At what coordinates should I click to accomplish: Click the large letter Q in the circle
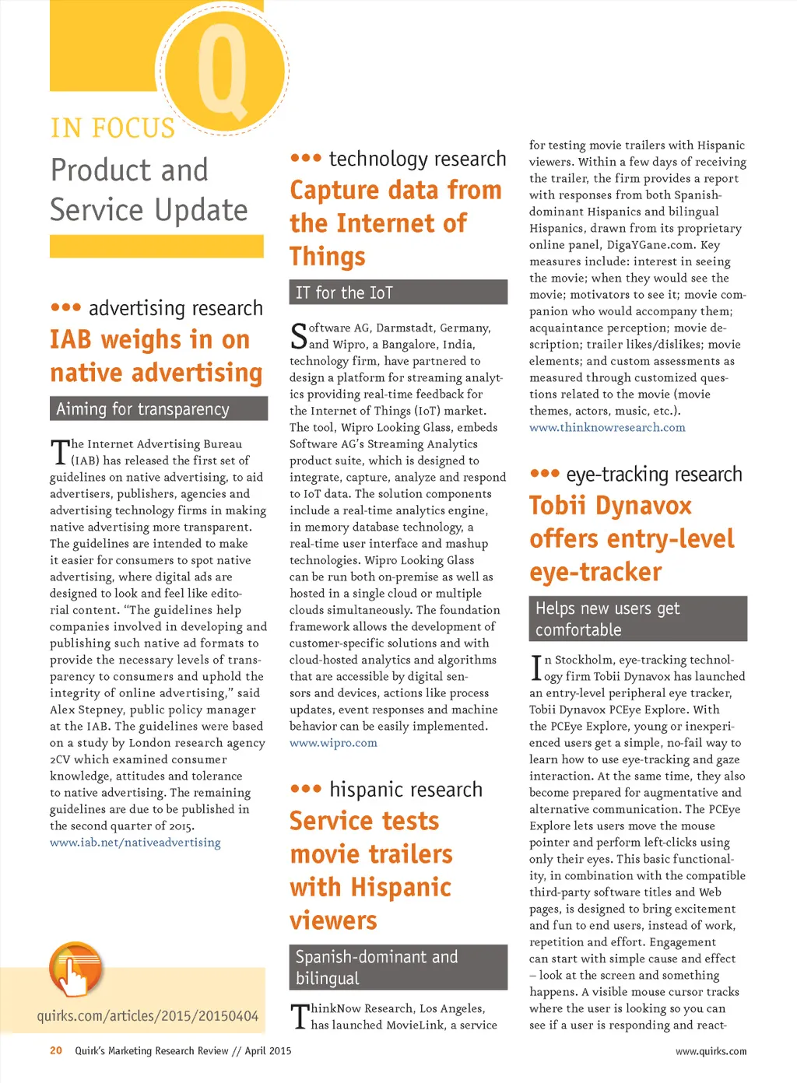[223, 70]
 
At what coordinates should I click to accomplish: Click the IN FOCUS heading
[113, 128]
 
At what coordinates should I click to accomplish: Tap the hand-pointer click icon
[75, 969]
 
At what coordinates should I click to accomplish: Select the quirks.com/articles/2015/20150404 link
[147, 1015]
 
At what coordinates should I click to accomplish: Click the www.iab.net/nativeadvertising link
[135, 843]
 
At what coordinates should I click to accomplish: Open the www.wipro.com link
[333, 743]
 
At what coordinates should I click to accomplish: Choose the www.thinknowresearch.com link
[607, 427]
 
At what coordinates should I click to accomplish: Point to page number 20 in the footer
[56, 1051]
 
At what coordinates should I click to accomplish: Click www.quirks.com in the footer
[711, 1052]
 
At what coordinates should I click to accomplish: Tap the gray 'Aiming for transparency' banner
[159, 409]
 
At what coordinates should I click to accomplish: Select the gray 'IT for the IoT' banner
[398, 293]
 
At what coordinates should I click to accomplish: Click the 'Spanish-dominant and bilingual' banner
[398, 967]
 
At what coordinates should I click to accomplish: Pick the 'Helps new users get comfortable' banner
[637, 619]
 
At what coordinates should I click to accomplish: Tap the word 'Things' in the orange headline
[327, 257]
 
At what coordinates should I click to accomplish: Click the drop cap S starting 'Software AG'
[298, 336]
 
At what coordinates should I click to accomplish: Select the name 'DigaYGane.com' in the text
[651, 244]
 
